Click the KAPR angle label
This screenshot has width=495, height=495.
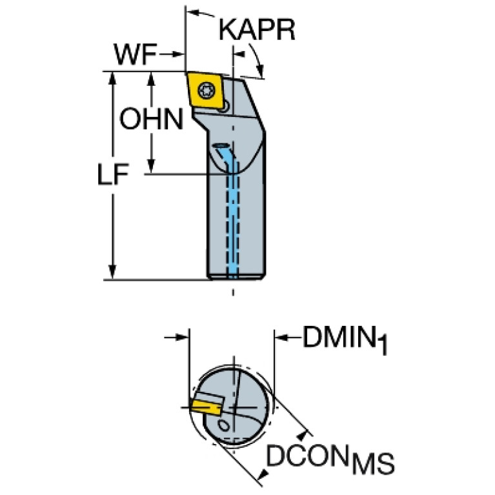pyautogui.click(x=256, y=30)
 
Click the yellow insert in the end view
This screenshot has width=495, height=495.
pyautogui.click(x=205, y=407)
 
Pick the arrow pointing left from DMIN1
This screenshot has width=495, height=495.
pyautogui.click(x=282, y=336)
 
